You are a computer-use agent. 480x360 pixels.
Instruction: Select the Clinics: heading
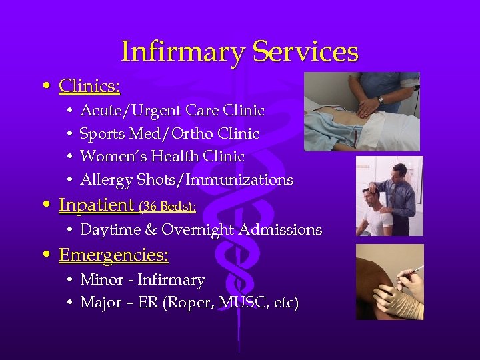(x=89, y=86)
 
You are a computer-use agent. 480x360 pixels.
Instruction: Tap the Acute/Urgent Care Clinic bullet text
(x=172, y=111)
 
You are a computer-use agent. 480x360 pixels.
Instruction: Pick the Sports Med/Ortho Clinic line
(x=169, y=134)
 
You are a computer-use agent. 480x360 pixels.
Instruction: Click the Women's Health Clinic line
(x=162, y=157)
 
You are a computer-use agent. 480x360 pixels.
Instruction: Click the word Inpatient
(x=97, y=205)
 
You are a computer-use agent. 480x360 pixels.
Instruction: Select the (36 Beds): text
(x=167, y=207)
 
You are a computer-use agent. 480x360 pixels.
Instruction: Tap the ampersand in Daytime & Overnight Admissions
(x=151, y=230)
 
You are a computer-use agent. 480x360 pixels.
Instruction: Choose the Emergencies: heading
(x=113, y=255)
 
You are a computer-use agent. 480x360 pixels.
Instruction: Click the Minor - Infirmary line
(x=142, y=280)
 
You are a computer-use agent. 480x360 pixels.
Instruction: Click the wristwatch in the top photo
(x=380, y=100)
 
